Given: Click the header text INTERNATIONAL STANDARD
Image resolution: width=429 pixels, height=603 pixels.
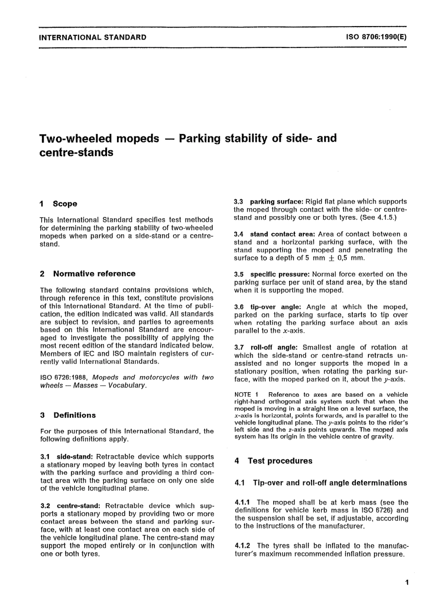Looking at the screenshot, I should click(93, 37).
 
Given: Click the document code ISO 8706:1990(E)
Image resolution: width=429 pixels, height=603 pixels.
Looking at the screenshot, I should click(377, 37).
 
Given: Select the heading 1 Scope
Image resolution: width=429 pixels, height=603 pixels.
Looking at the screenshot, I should click(59, 204).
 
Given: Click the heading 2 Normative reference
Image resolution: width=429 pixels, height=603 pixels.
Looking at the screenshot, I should click(88, 274).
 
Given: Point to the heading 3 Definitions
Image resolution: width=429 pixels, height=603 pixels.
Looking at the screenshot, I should click(68, 415).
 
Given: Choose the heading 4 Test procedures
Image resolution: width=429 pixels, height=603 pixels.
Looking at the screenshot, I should click(274, 461).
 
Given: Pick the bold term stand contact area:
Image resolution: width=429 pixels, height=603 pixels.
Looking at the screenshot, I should click(282, 234).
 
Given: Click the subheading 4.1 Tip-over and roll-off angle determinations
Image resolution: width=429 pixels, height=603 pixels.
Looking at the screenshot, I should click(321, 483).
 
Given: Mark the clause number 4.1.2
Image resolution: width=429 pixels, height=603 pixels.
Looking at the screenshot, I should click(243, 546).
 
